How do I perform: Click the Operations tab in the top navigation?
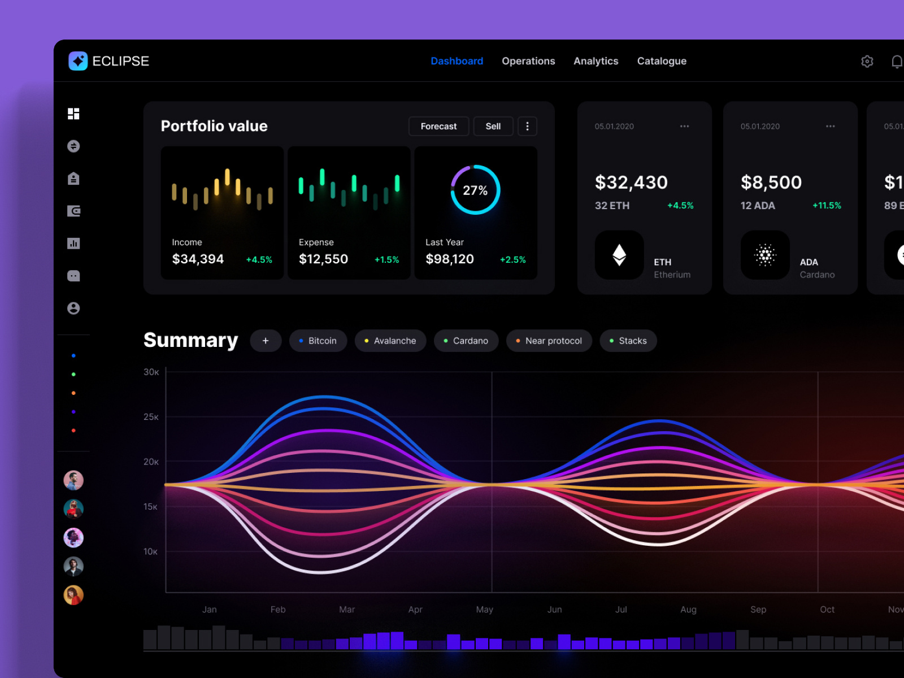pos(528,61)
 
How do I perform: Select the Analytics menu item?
pos(596,61)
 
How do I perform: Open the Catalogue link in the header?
pos(662,61)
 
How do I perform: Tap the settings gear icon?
pos(867,61)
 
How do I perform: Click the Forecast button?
pos(438,127)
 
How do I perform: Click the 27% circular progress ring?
pos(475,190)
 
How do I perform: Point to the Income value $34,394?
pos(198,259)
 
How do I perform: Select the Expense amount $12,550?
pos(323,259)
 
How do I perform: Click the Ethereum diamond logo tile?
pos(619,255)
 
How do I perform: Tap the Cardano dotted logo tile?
pos(765,255)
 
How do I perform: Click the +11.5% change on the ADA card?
pos(827,206)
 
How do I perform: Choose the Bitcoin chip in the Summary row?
pos(318,341)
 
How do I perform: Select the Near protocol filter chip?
pos(549,341)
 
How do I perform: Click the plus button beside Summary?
pos(266,341)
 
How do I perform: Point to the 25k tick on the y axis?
pos(151,417)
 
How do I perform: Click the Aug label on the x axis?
pos(688,610)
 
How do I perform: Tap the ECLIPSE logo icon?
pos(78,61)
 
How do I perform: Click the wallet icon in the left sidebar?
pos(73,211)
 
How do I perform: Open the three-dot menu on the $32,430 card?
pos(684,127)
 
